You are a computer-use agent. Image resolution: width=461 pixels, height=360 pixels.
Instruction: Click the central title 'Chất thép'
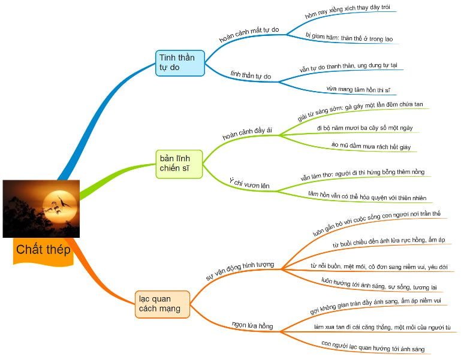coord(43,249)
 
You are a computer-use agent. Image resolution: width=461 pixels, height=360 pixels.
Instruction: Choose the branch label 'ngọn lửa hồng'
coord(252,325)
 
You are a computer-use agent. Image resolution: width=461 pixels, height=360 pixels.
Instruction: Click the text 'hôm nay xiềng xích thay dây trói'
coord(343,11)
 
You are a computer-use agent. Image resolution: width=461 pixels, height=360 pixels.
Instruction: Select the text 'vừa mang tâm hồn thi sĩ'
coord(358,89)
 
